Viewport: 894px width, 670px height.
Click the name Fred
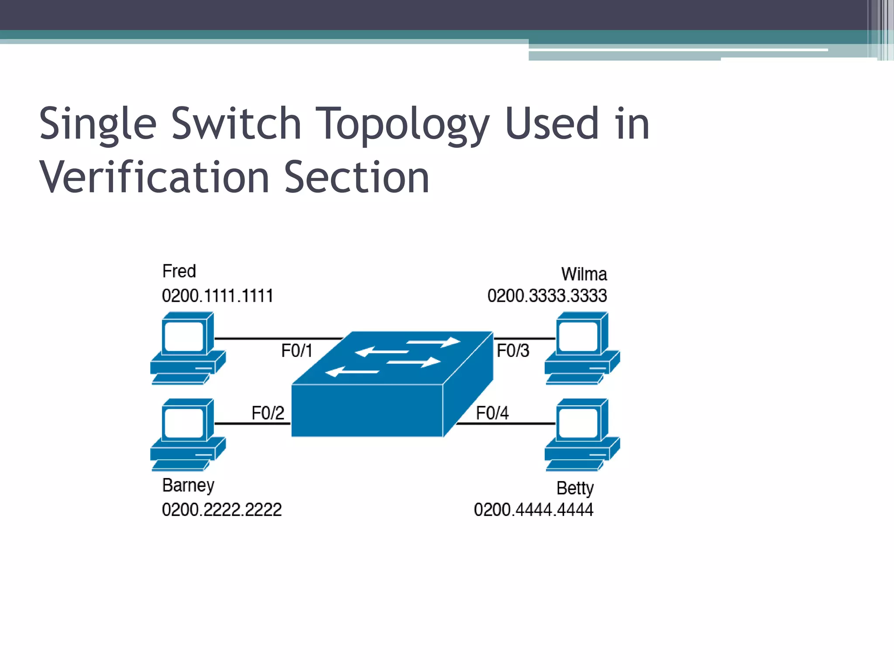pos(179,271)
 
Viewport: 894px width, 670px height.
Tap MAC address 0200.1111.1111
pos(217,296)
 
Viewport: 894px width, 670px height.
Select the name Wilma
pos(584,274)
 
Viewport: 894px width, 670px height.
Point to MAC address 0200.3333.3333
pos(547,296)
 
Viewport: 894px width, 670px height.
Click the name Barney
pos(188,485)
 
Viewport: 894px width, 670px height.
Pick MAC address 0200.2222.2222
pos(222,509)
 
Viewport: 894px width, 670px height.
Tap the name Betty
pos(575,488)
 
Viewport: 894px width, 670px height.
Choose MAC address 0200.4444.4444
pos(533,509)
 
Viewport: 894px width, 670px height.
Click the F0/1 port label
pos(297,351)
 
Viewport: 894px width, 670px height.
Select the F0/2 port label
pos(268,413)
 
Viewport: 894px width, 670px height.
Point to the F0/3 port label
pos(513,351)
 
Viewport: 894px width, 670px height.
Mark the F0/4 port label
pos(492,413)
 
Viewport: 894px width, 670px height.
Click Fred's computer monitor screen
pos(184,336)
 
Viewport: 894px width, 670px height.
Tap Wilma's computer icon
pos(582,348)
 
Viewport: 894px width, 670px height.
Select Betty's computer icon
pos(582,434)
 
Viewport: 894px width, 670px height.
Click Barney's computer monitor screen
pos(184,423)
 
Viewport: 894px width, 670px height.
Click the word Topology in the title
pos(402,124)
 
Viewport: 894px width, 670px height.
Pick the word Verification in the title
pos(154,178)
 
